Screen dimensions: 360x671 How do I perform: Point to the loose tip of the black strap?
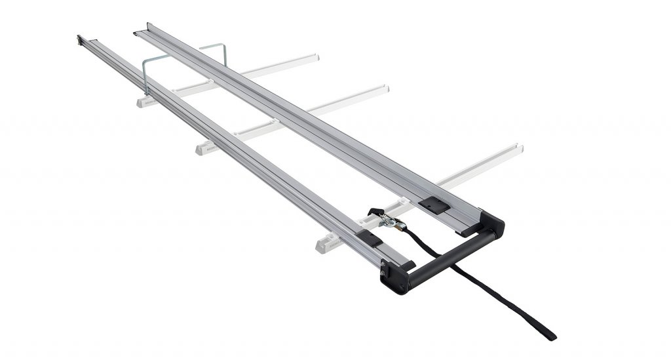tap(549, 334)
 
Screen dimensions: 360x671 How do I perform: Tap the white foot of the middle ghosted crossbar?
tap(207, 148)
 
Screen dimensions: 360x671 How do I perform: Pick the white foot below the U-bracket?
tap(147, 102)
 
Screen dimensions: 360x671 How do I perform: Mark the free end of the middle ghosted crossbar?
tap(384, 89)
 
